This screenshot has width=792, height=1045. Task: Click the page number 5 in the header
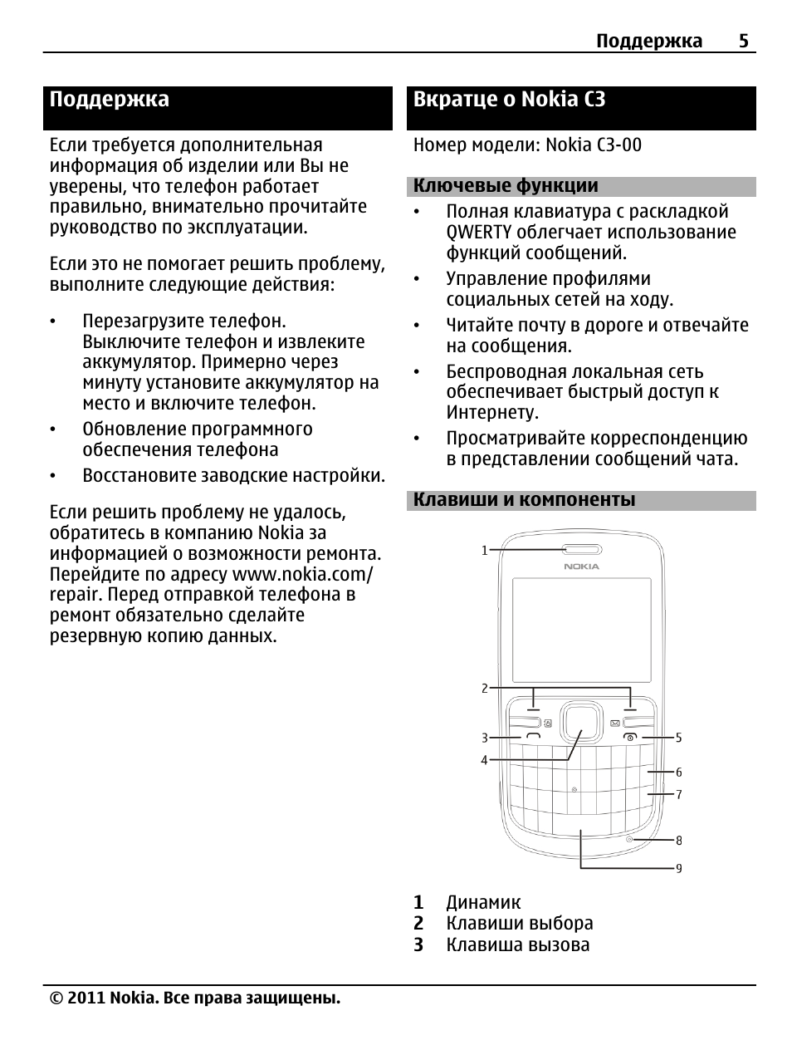[743, 41]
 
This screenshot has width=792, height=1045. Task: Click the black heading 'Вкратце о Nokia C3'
[509, 100]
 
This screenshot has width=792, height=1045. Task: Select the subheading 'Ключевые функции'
[506, 186]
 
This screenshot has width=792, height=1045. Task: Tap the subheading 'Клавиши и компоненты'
[524, 499]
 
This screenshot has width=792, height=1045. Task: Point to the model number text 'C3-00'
[618, 145]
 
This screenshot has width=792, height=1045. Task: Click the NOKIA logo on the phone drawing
[581, 567]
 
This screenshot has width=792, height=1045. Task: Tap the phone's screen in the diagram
[580, 629]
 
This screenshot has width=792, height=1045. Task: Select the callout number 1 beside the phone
[485, 550]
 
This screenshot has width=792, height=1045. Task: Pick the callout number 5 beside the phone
[678, 738]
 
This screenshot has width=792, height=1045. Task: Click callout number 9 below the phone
[678, 869]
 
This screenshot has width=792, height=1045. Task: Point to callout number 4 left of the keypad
[485, 760]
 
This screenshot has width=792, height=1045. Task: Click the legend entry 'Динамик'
[483, 902]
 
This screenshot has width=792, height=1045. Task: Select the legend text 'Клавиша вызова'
[517, 944]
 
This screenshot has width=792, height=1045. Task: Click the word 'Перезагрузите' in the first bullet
[142, 321]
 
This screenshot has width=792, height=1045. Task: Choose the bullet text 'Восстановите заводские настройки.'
[233, 476]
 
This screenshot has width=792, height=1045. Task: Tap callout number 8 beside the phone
[678, 841]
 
